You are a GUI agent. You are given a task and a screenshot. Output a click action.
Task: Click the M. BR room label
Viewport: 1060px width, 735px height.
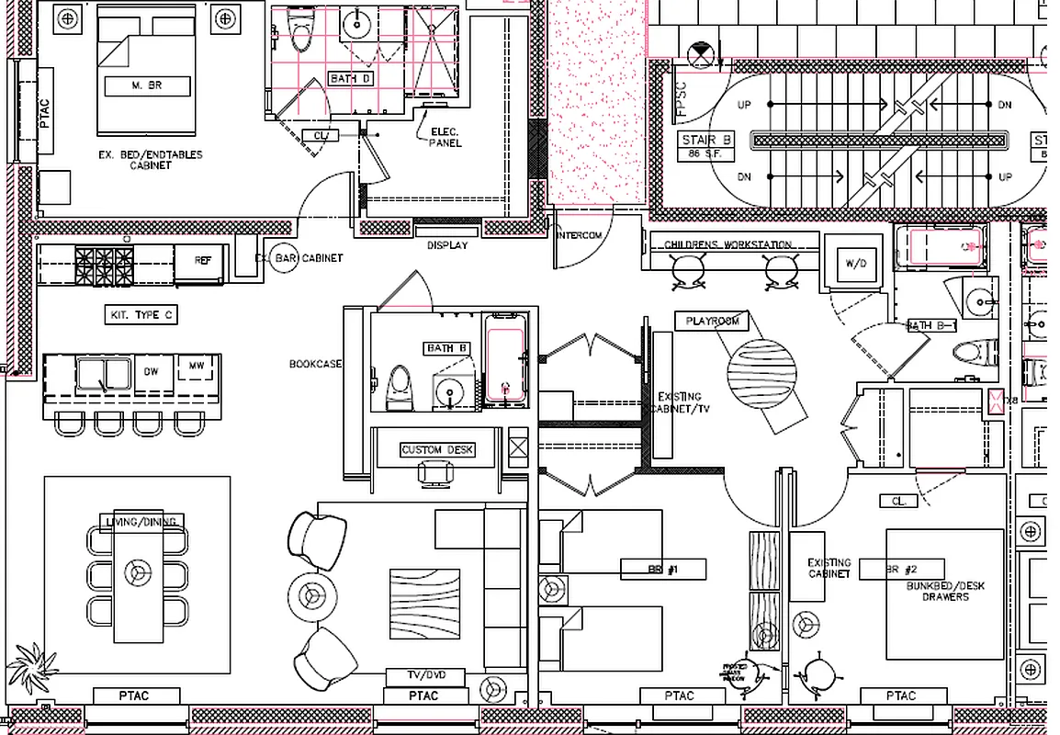pos(147,87)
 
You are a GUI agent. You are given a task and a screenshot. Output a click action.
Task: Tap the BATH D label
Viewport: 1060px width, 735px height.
pos(351,79)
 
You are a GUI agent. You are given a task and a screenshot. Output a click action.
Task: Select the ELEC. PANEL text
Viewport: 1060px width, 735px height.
pos(445,138)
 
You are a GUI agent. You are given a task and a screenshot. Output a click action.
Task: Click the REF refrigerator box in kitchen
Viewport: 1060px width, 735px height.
pos(202,261)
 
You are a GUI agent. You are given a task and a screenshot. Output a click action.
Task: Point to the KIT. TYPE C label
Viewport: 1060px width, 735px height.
pos(141,315)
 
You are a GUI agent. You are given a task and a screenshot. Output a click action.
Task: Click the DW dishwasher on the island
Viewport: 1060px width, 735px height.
pos(152,372)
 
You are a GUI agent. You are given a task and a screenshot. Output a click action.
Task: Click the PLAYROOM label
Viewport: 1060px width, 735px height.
pos(712,322)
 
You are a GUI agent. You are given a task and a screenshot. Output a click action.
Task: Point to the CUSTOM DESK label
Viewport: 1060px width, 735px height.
pos(437,450)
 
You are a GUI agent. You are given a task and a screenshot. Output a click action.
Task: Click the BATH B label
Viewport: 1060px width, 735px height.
pos(447,348)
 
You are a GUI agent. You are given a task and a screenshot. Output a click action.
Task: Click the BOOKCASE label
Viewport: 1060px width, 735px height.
pos(315,364)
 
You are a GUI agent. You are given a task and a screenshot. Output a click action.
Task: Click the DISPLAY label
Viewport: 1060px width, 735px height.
pos(446,245)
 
